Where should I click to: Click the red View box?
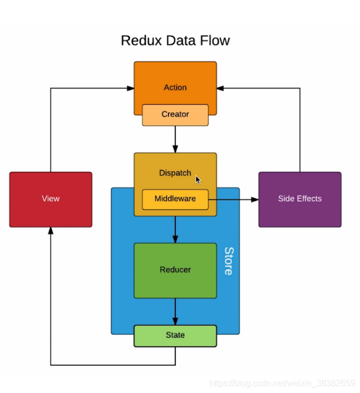51,200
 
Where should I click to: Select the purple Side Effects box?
300,200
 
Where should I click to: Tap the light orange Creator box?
175,115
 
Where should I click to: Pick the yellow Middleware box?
175,200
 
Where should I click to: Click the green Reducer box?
175,270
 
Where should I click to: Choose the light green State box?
175,336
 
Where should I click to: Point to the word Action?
175,87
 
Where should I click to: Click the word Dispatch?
175,173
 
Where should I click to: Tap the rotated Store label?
229,261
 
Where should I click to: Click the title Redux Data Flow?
175,41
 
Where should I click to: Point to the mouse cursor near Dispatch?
198,180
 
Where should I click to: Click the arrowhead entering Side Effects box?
255,200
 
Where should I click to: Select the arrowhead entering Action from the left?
130,88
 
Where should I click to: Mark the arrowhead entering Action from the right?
220,88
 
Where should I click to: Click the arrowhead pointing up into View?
51,231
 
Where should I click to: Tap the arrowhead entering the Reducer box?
175,239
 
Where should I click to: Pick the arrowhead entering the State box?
175,322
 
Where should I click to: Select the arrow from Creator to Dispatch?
175,139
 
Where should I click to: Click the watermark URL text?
282,383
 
